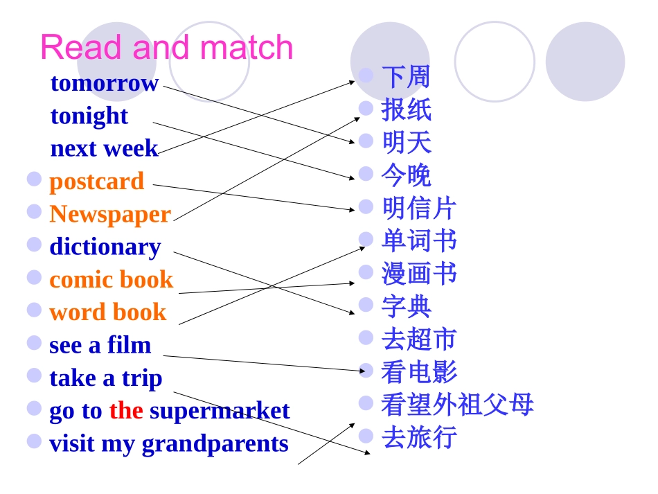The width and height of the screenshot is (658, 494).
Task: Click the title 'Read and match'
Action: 166,48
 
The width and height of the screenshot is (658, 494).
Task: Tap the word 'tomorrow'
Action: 105,83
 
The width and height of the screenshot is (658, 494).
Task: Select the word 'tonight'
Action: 89,116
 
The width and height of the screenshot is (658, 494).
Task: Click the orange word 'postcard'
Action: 96,182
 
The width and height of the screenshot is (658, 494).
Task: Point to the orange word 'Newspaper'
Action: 110,214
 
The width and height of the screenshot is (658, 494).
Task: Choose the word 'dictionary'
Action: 105,247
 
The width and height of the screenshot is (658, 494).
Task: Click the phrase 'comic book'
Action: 111,280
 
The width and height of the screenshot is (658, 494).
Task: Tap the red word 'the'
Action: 126,411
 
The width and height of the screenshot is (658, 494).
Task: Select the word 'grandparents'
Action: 215,443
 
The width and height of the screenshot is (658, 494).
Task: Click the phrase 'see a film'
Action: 100,345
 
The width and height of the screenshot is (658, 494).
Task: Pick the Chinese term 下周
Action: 406,77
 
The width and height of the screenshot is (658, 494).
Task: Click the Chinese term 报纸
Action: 406,109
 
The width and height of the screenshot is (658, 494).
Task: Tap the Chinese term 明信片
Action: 419,208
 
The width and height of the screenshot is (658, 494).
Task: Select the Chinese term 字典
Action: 406,306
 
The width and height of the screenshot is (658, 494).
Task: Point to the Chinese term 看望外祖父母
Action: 457,405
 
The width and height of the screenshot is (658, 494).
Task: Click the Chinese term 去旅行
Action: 419,437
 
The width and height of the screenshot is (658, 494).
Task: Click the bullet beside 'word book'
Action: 34,310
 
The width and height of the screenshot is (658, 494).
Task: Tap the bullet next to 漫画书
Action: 366,272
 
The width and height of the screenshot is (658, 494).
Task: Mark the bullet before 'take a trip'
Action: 34,376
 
